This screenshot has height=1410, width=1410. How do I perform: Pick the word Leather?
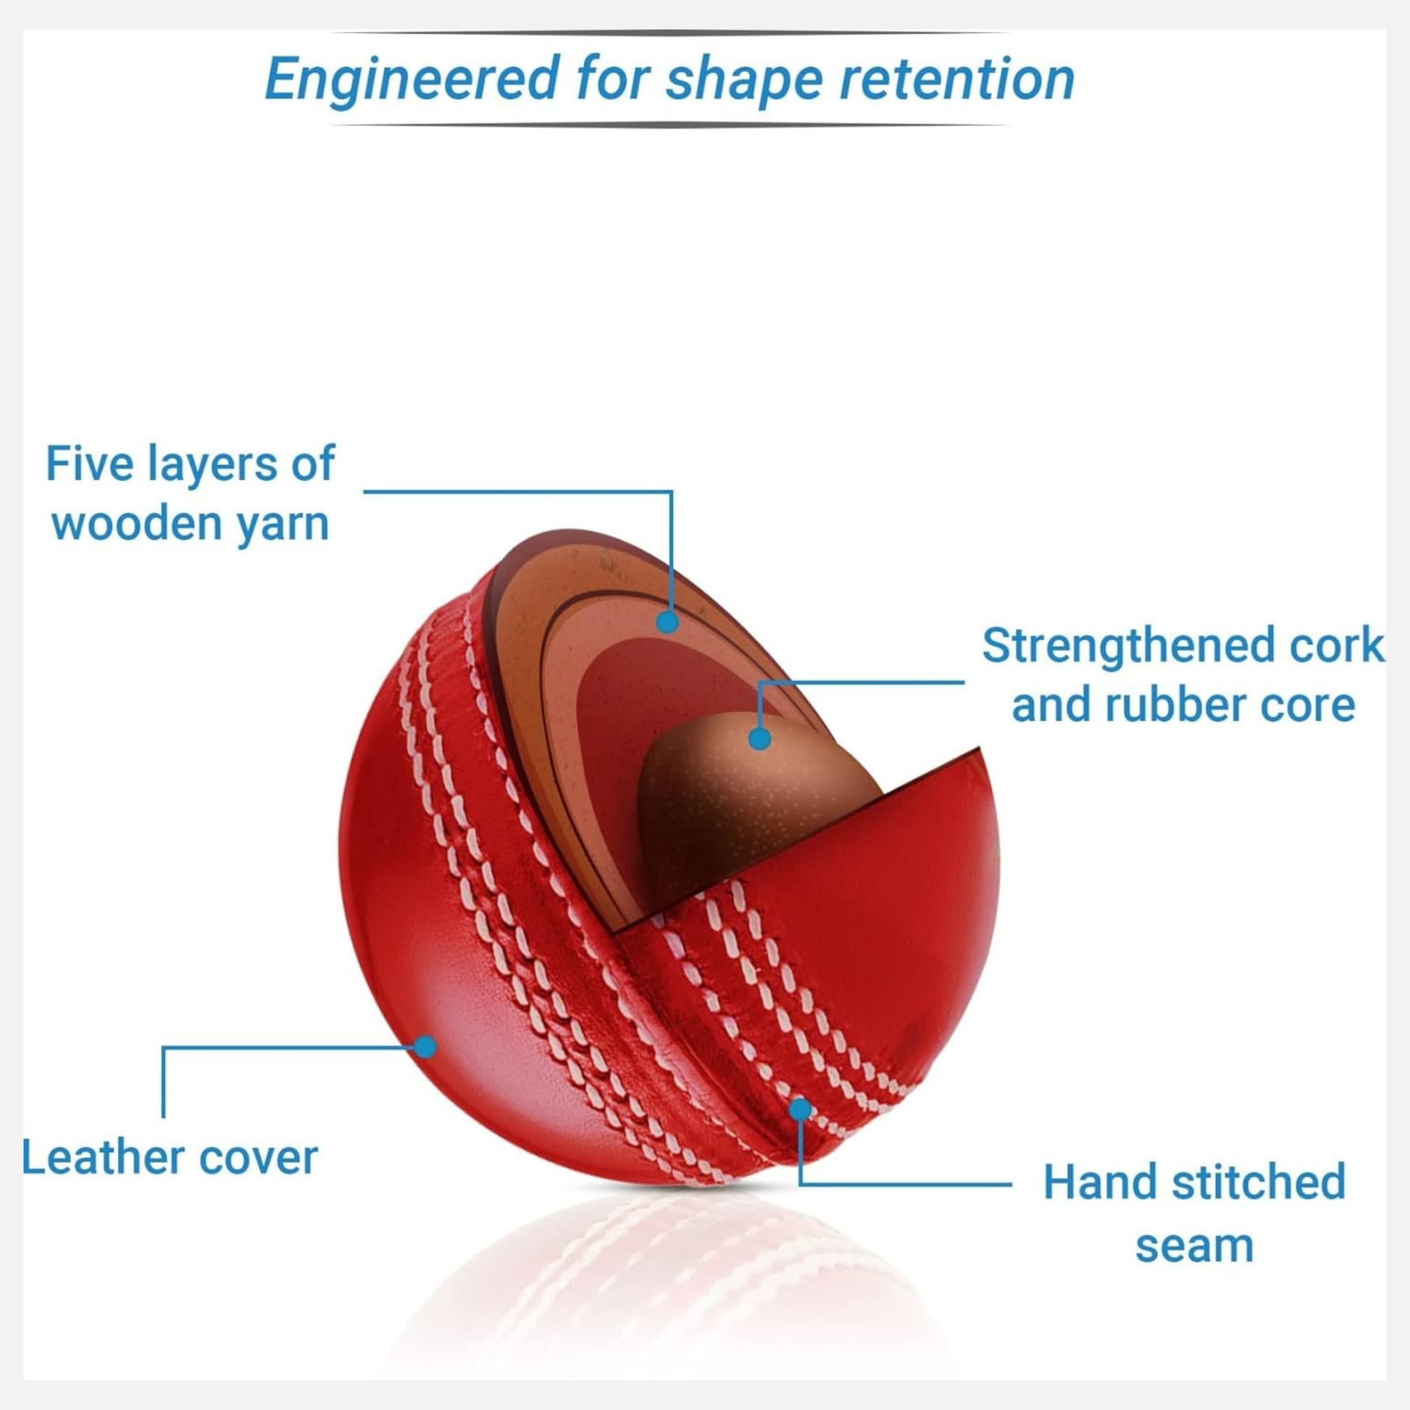point(103,1157)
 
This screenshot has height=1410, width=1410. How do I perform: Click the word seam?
point(1195,1246)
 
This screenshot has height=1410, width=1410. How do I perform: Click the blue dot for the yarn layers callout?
point(667,622)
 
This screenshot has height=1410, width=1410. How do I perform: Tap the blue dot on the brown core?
point(760,739)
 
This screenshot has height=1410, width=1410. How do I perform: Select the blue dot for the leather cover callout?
point(425,1046)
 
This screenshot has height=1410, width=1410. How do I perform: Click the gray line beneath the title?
point(670,125)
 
